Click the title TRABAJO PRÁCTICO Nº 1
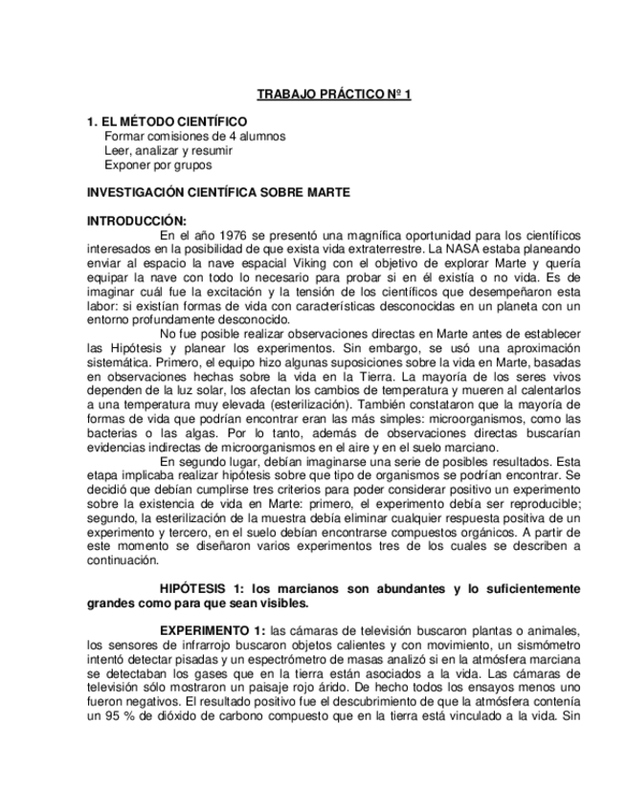tap(334, 95)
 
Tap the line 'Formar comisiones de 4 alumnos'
tap(194, 137)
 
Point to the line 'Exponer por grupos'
tap(157, 164)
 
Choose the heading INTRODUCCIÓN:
tap(137, 220)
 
